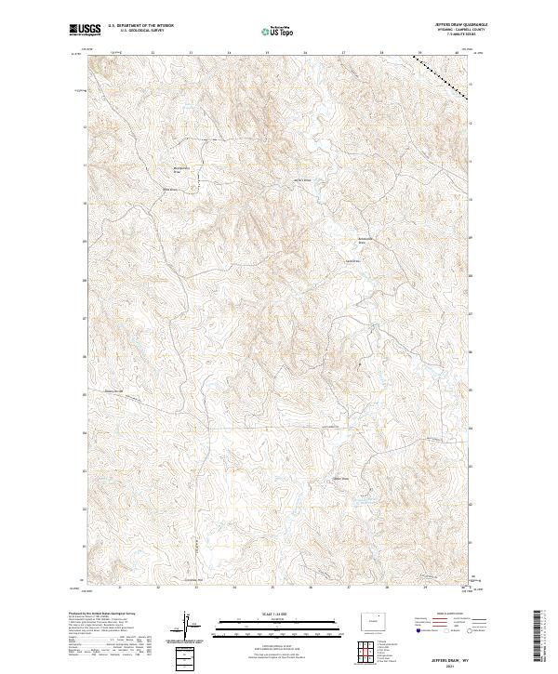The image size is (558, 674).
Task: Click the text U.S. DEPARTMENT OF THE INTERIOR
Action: [140, 27]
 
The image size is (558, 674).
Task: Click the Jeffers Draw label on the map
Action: [303, 180]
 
